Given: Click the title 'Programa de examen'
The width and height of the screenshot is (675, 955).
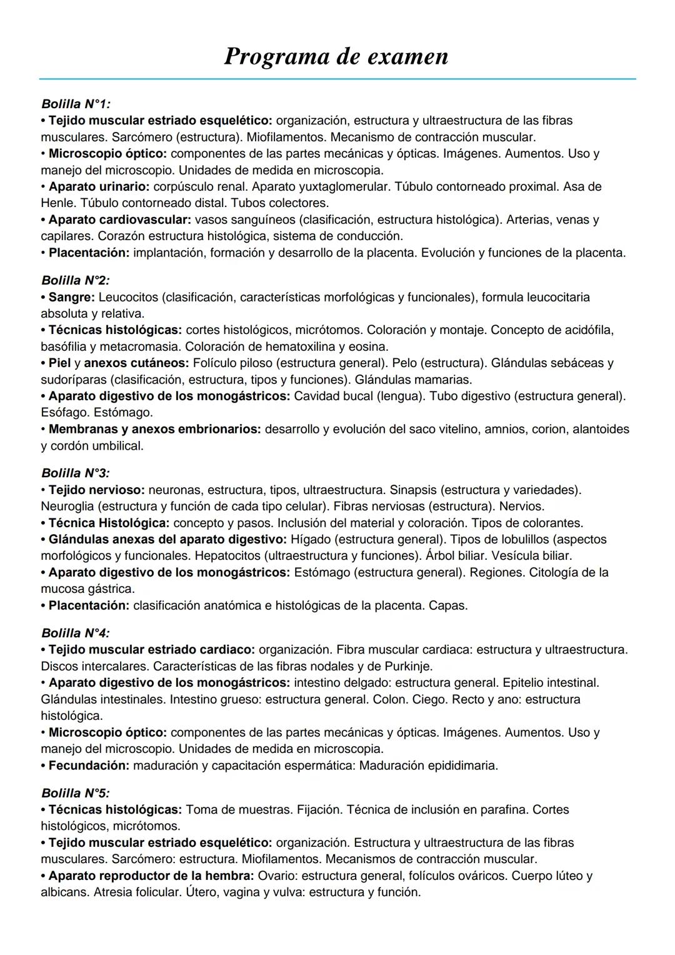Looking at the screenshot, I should click(x=336, y=57).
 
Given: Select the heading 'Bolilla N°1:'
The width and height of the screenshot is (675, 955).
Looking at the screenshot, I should click(x=76, y=103).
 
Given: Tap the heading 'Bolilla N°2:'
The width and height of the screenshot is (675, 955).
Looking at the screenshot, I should click(x=76, y=280).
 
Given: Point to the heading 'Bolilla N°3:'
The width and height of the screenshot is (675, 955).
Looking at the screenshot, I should click(x=76, y=473).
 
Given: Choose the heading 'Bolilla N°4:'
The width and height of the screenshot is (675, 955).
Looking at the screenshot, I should click(x=76, y=633).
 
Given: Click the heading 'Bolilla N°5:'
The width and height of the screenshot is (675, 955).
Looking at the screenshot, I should click(x=76, y=793).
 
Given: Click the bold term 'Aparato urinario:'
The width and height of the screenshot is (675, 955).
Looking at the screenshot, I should click(x=99, y=186).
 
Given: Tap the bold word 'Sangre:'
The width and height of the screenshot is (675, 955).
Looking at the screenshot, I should click(x=71, y=297).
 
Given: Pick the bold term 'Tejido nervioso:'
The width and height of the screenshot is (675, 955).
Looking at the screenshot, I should click(x=96, y=490).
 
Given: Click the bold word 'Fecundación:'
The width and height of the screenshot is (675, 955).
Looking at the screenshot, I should click(x=89, y=766).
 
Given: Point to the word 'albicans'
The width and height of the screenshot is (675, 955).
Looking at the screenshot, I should click(x=64, y=892).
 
